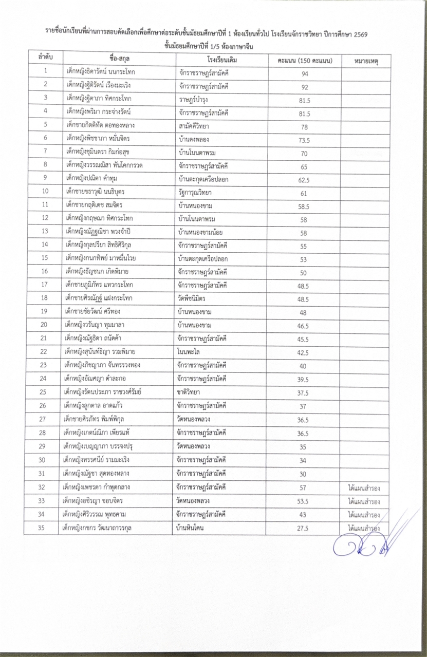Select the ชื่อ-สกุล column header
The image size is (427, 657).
click(x=116, y=59)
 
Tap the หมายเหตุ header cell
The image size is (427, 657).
click(x=366, y=61)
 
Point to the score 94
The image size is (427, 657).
click(x=305, y=73)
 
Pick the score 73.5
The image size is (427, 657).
click(x=305, y=139)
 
